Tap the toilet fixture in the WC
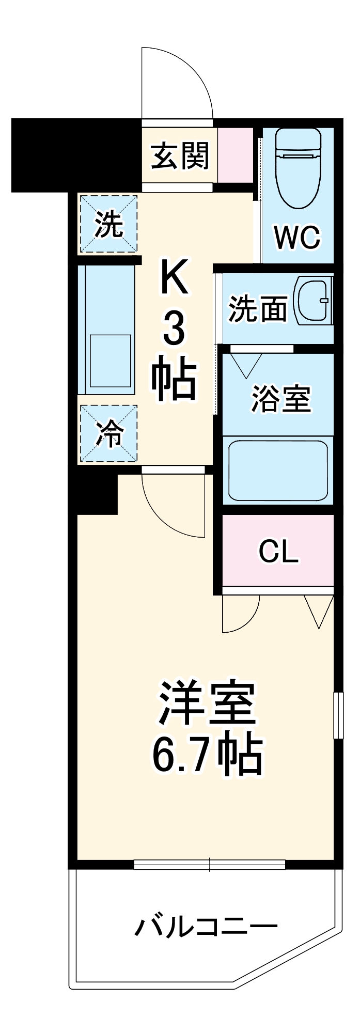[x=298, y=168]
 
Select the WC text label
[x=297, y=238]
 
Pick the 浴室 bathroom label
[x=280, y=399]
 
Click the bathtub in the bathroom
[x=278, y=470]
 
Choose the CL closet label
[x=278, y=552]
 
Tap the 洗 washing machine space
[x=108, y=224]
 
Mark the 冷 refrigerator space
[x=108, y=434]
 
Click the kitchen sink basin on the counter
[x=110, y=360]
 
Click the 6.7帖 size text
[x=207, y=757]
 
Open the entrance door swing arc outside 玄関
[x=176, y=83]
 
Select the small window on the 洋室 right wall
[x=338, y=715]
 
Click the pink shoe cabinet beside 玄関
[x=235, y=155]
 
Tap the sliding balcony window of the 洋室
[x=209, y=864]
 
